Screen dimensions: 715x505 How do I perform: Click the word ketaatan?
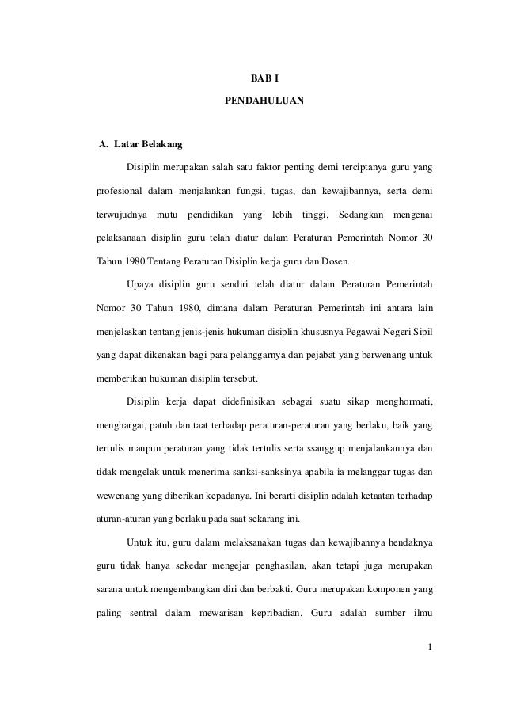370,496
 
